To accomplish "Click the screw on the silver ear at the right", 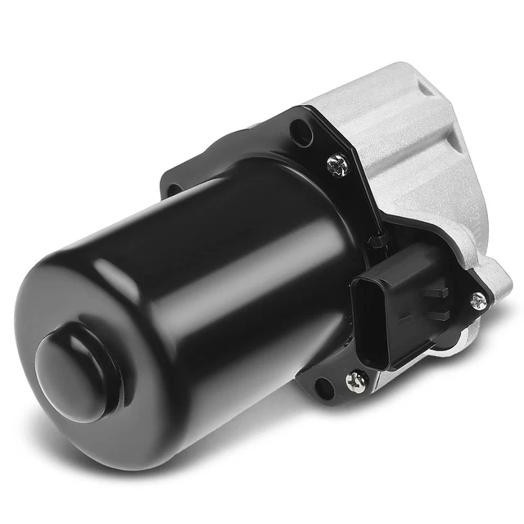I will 480,300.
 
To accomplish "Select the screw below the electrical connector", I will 357,381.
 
